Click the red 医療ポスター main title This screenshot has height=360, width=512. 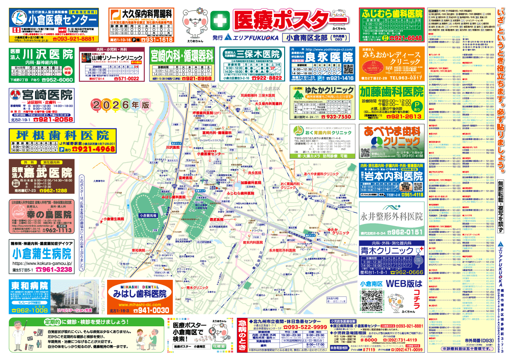pos(290,19)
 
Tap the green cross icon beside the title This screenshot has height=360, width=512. pos(219,20)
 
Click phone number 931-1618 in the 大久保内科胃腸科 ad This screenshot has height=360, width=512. pos(157,40)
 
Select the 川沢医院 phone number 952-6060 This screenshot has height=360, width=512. pos(59,80)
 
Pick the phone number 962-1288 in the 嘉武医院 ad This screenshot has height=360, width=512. pos(53,191)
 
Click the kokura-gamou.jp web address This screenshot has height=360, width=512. pos(42,264)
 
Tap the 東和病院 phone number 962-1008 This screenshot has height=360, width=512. pos(29,311)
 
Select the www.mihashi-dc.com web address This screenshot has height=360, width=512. pos(140,305)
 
